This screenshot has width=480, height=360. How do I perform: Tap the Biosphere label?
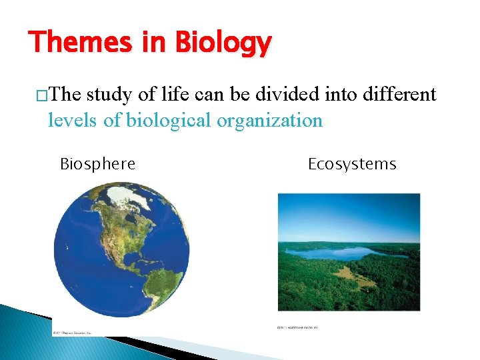[97, 164]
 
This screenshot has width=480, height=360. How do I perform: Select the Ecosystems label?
[351, 164]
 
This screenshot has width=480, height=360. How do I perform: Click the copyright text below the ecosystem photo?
[297, 328]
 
